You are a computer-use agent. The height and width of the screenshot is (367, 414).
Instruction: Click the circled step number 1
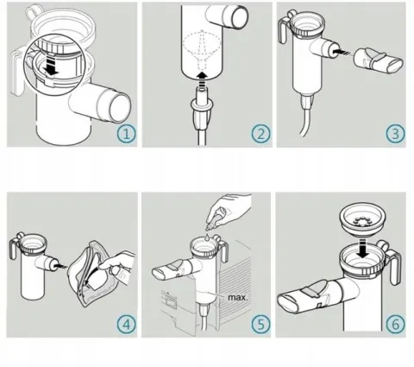[127, 134]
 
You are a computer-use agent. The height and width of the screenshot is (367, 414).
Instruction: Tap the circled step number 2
[261, 134]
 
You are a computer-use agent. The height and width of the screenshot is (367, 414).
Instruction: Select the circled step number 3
[396, 134]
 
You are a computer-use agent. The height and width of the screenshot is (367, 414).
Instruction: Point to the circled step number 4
[127, 325]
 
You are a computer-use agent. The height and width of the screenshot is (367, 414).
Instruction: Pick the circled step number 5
[261, 325]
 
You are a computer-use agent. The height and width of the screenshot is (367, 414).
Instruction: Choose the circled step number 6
[396, 325]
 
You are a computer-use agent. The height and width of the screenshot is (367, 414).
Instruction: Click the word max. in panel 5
[237, 297]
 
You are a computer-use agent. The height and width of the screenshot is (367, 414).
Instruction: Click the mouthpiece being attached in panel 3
[378, 60]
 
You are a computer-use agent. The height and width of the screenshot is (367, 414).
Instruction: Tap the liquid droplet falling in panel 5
[207, 237]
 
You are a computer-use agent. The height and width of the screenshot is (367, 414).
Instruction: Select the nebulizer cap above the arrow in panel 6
[362, 219]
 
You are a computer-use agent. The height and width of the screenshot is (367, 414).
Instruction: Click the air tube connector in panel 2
[202, 111]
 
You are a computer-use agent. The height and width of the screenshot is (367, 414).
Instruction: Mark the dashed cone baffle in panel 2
[202, 49]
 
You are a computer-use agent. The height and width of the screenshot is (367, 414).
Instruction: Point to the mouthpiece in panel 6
[317, 295]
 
